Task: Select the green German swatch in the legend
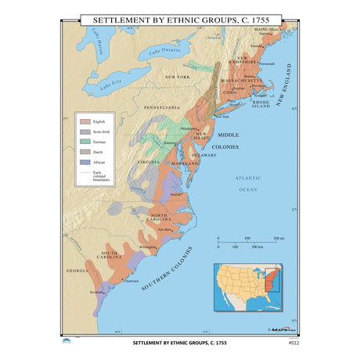tap(85, 142)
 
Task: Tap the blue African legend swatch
tap(85, 161)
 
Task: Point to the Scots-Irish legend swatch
tap(85, 132)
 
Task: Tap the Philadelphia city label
tap(190, 128)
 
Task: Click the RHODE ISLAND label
tap(261, 103)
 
